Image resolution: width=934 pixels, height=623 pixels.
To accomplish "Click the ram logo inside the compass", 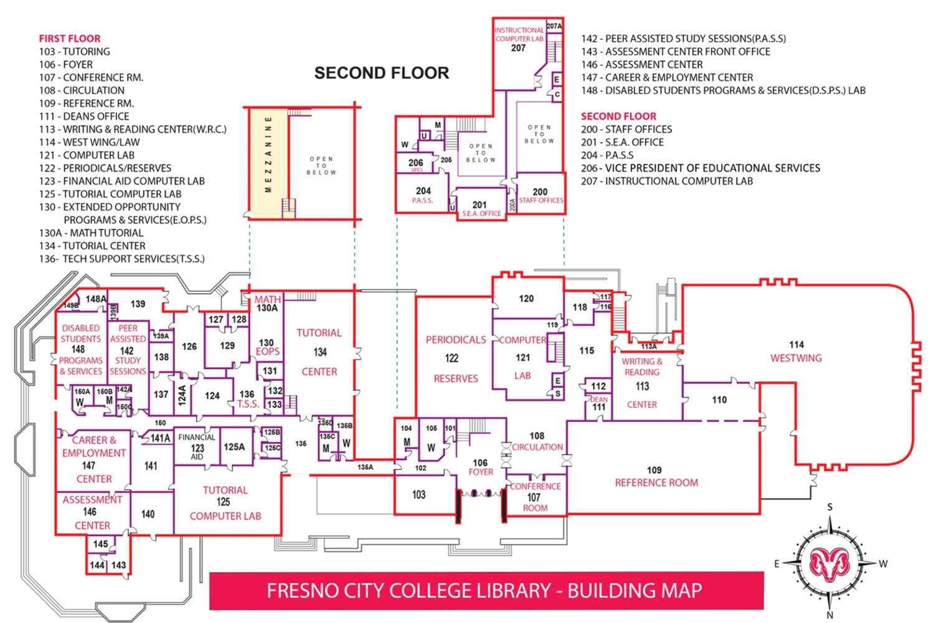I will coord(829,564).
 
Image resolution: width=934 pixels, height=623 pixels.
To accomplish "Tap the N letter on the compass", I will coord(829,615).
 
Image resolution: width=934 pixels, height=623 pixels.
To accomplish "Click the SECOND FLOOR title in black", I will coord(381,73).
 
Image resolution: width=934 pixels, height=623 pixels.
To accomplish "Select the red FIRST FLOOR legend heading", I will coord(69,39).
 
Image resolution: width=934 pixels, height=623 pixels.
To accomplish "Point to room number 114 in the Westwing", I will coord(796,344).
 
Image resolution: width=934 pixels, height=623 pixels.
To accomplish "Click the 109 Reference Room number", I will coord(654,470).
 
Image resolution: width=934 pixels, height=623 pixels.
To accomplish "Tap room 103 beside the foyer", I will coord(418,495).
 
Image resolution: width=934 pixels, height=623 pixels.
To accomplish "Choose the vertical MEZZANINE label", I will coord(268,154).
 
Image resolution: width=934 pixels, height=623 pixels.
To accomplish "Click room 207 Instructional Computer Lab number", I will coord(518,48).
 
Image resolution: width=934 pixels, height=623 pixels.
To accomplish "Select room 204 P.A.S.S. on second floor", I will coord(423,191).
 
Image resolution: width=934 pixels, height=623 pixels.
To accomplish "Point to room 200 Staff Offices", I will coord(540,192).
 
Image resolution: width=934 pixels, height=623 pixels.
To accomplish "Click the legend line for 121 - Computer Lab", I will coord(87,155).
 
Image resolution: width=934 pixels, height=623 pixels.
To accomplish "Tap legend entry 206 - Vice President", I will coord(700,168).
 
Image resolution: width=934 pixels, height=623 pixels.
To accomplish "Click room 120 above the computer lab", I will coord(526,299).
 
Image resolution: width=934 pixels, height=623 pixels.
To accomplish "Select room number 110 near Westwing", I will coord(719,400).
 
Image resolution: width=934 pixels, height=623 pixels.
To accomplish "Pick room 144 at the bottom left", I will coord(97,565).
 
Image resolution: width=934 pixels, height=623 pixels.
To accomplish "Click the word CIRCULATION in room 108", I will coord(537,447).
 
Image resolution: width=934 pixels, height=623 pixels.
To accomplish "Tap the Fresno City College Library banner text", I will coord(484,590).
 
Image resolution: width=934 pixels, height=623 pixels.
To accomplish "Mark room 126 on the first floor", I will coord(189,346).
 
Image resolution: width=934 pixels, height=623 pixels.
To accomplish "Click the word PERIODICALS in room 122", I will coord(456,340).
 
